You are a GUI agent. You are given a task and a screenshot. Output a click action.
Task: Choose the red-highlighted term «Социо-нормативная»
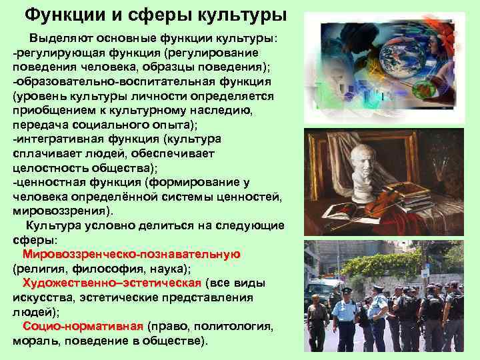[x=83, y=326]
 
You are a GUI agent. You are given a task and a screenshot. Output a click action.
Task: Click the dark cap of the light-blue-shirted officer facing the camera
[x=346, y=291]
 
